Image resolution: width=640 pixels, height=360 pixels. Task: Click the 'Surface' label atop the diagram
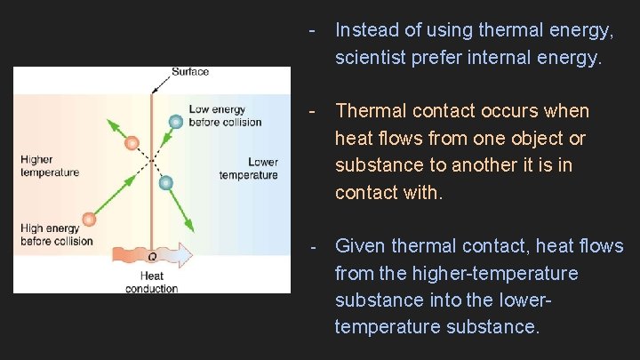[189, 72]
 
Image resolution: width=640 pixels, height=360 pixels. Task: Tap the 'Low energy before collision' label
[225, 116]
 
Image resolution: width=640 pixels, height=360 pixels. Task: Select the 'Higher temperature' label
[50, 166]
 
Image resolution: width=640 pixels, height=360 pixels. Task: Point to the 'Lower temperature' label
[249, 168]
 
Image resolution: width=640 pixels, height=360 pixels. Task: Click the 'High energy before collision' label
[56, 235]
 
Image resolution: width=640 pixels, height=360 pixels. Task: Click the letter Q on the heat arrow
[152, 257]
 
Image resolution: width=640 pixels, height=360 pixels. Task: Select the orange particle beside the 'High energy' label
[88, 219]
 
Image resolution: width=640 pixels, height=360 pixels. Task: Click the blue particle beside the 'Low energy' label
[176, 120]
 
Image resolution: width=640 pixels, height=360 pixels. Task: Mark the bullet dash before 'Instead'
[312, 30]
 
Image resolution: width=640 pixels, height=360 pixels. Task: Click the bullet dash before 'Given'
[312, 245]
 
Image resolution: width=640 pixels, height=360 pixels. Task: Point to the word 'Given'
[360, 245]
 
